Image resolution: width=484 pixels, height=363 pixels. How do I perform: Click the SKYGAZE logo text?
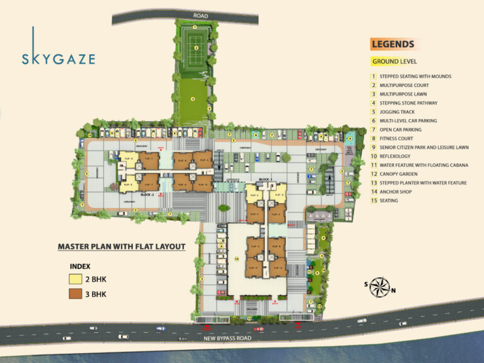click(58, 59)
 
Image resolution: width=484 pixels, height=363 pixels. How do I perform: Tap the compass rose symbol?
click(378, 287)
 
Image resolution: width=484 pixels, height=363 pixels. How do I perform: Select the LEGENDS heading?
click(393, 44)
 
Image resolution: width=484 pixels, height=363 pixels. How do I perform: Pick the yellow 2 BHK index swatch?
click(76, 280)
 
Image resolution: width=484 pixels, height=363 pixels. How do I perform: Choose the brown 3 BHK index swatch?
click(76, 294)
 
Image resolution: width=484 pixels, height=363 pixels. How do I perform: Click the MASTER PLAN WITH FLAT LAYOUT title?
click(122, 247)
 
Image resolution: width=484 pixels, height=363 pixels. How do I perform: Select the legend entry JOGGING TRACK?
click(396, 112)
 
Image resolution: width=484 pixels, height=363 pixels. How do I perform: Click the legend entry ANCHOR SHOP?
click(397, 192)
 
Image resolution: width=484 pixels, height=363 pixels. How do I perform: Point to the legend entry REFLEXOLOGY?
click(396, 156)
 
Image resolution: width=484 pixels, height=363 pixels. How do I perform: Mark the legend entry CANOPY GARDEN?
click(400, 173)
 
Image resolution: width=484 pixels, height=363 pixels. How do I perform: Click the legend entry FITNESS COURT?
click(398, 138)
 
